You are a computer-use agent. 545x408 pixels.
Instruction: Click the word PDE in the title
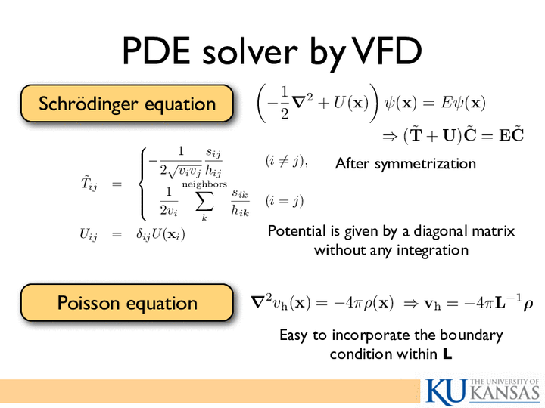pyautogui.click(x=157, y=51)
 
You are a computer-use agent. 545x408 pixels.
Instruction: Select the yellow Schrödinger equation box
pyautogui.click(x=127, y=104)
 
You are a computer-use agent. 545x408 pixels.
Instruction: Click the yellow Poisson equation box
pyautogui.click(x=127, y=302)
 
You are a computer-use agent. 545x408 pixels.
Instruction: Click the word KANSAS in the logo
pyautogui.click(x=506, y=394)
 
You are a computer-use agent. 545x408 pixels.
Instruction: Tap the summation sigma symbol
pyautogui.click(x=204, y=201)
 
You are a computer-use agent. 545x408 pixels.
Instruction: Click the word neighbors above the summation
pyautogui.click(x=204, y=184)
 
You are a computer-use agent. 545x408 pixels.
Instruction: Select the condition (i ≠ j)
pyautogui.click(x=285, y=162)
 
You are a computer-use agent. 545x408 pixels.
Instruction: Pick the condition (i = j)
pyautogui.click(x=285, y=201)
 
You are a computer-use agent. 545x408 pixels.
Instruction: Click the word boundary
pyautogui.click(x=471, y=335)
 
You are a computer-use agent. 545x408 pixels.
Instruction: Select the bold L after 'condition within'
pyautogui.click(x=447, y=354)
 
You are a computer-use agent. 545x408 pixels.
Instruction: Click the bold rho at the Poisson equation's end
pyautogui.click(x=528, y=304)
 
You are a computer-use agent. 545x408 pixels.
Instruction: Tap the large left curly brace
pyautogui.click(x=142, y=184)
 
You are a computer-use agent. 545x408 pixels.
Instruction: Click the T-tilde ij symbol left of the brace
pyautogui.click(x=89, y=183)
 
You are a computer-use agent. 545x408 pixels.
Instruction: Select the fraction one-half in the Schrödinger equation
pyautogui.click(x=285, y=103)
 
